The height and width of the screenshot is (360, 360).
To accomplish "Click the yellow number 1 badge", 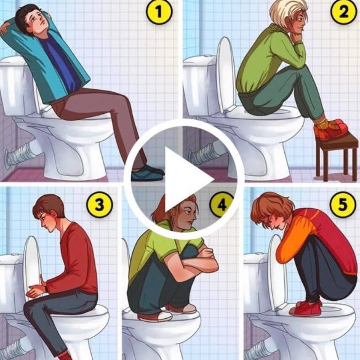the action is pyautogui.click(x=159, y=12).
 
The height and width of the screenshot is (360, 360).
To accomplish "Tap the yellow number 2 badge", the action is pyautogui.click(x=343, y=11).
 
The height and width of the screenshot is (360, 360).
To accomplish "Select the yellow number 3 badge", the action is pyautogui.click(x=100, y=204).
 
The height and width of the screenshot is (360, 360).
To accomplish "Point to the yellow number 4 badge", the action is pyautogui.click(x=222, y=204).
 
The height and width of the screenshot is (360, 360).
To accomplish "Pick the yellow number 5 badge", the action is pyautogui.click(x=342, y=204).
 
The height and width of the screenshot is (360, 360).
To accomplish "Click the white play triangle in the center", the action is pyautogui.click(x=187, y=179).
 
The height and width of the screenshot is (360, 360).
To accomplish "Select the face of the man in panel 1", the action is pyautogui.click(x=39, y=21).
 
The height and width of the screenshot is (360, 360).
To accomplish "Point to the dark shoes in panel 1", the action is pyautogui.click(x=148, y=173).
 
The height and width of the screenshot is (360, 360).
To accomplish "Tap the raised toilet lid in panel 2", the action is pyautogui.click(x=226, y=75).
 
